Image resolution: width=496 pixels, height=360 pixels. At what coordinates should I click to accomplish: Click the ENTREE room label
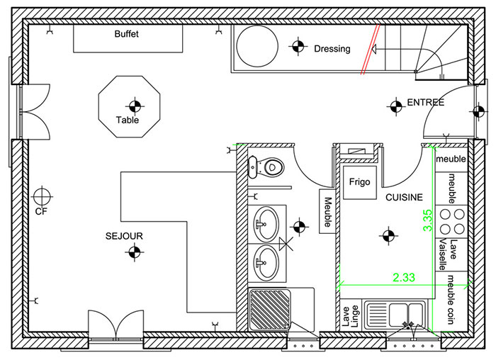pos(425,103)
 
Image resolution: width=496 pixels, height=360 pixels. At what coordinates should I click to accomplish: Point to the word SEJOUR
pos(125,237)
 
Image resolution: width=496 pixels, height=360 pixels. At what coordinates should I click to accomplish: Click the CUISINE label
pos(404,198)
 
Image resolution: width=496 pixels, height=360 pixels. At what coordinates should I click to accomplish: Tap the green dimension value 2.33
pos(404,277)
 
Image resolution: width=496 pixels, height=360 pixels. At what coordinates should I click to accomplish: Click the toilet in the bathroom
pos(269,167)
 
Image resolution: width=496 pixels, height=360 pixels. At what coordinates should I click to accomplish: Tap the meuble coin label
pos(452,304)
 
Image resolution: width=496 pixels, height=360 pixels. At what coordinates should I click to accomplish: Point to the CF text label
pos(40,211)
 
